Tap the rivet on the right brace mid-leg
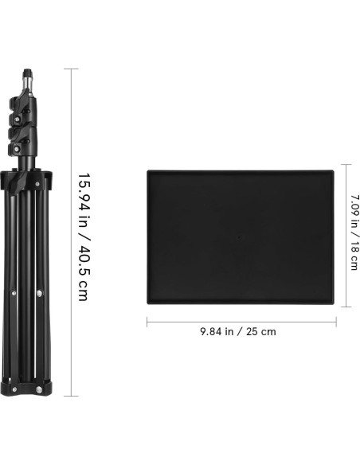pyautogui.click(x=40, y=296)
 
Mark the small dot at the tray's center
pyautogui.click(x=239, y=236)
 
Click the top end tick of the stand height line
pyautogui.click(x=76, y=68)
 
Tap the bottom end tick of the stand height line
pyautogui.click(x=76, y=396)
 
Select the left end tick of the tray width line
pyautogui.click(x=147, y=322)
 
